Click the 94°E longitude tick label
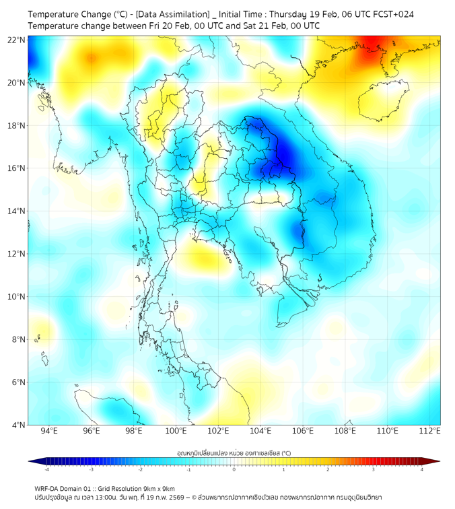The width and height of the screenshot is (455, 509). (49, 432)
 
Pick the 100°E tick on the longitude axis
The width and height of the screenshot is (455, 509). (176, 432)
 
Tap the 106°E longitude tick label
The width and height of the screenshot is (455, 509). (303, 432)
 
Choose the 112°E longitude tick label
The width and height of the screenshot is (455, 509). (430, 432)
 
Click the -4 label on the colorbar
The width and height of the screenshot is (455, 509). (46, 469)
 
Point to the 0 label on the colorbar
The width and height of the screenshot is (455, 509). (234, 469)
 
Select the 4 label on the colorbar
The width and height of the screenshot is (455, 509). (422, 469)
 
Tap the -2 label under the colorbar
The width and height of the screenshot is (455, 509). (140, 469)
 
